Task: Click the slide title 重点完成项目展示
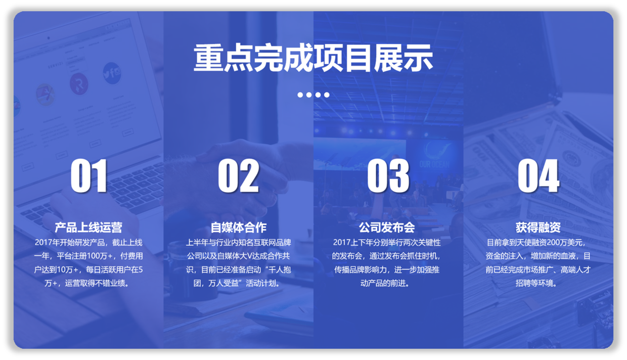click(x=313, y=58)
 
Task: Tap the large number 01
click(x=89, y=175)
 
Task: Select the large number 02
click(x=239, y=175)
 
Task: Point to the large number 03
click(x=388, y=175)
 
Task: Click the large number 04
click(x=539, y=175)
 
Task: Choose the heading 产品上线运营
click(x=88, y=228)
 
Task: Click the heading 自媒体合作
click(x=239, y=228)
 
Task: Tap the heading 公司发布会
click(x=387, y=228)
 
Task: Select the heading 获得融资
click(x=538, y=228)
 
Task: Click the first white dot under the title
click(x=300, y=95)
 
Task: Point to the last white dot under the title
click(x=327, y=95)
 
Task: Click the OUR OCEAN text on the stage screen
click(x=434, y=164)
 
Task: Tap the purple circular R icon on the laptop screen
click(x=79, y=83)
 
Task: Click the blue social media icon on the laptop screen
click(x=112, y=73)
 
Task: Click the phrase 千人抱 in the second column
click(x=280, y=269)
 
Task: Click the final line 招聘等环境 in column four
click(x=534, y=283)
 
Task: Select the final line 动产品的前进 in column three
click(x=383, y=283)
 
